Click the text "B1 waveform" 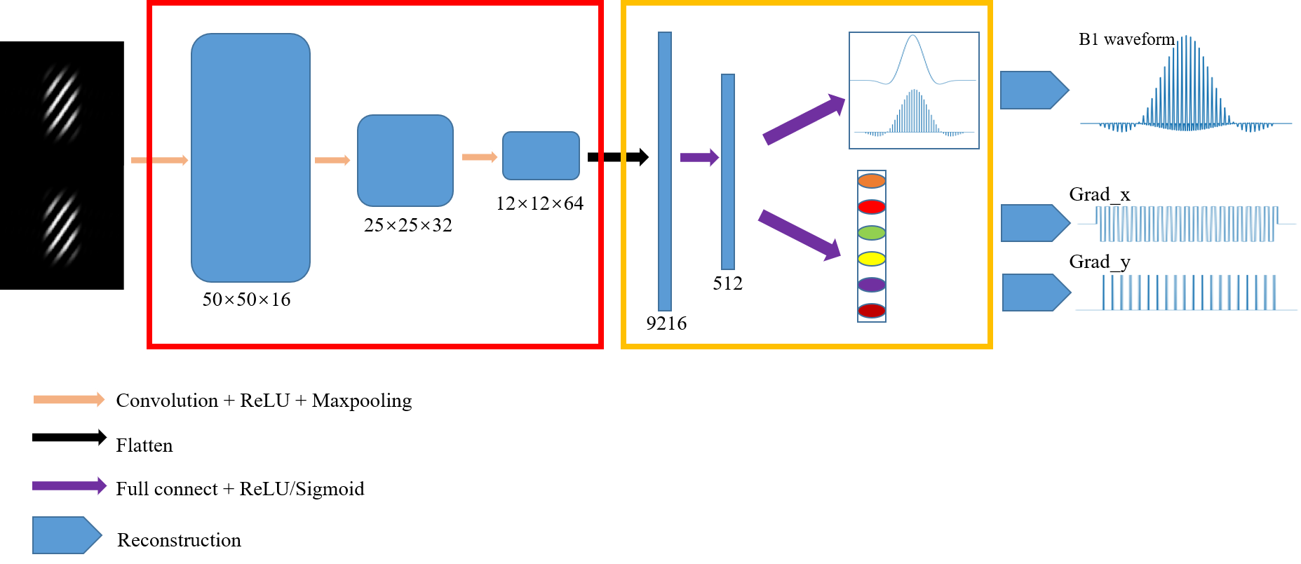pyautogui.click(x=1126, y=40)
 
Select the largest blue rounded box pyautogui.click(x=250, y=158)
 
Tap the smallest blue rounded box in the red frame pyautogui.click(x=541, y=156)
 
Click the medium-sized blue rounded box pyautogui.click(x=405, y=161)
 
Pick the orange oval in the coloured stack pyautogui.click(x=872, y=181)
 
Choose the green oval pyautogui.click(x=872, y=233)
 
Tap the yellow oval pyautogui.click(x=872, y=259)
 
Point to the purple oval pyautogui.click(x=872, y=285)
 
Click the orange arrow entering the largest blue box pyautogui.click(x=160, y=161)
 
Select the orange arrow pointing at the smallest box pyautogui.click(x=480, y=157)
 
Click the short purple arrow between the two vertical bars pyautogui.click(x=699, y=157)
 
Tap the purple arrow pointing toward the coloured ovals pyautogui.click(x=800, y=235)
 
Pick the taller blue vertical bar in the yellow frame pyautogui.click(x=665, y=171)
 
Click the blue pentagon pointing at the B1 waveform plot pyautogui.click(x=1034, y=90)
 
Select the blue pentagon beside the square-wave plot pyautogui.click(x=1034, y=223)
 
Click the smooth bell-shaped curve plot pyautogui.click(x=913, y=59)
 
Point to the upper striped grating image pyautogui.click(x=62, y=102)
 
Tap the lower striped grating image pyautogui.click(x=62, y=226)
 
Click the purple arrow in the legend pyautogui.click(x=69, y=485)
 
